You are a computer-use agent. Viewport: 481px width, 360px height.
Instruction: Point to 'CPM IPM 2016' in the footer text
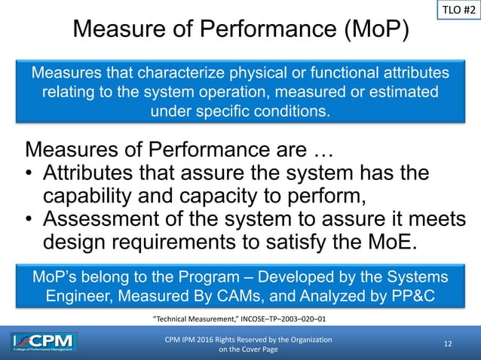[195, 340]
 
